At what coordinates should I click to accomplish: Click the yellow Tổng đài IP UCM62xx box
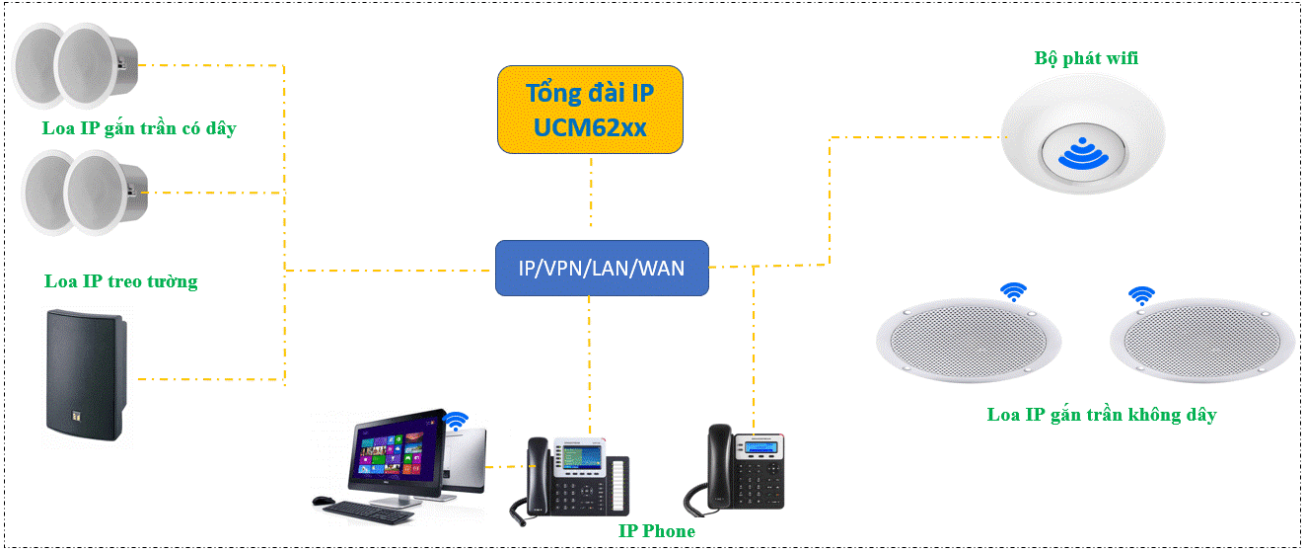point(590,110)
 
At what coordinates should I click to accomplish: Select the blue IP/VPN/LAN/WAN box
point(602,268)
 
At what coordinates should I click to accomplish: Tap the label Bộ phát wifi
point(1086,58)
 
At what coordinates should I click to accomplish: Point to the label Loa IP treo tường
point(120,281)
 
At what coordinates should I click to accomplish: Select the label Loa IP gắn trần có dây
point(139,128)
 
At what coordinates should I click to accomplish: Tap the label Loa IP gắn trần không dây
point(1101,415)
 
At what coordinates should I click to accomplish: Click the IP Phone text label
point(656,531)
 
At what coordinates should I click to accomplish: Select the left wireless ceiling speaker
point(971,339)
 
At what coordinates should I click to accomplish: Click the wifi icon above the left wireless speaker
point(1012,291)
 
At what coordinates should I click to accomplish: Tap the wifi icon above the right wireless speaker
point(1141,295)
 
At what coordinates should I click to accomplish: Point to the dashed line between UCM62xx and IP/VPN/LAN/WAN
point(590,197)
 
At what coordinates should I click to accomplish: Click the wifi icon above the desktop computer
point(455,423)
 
